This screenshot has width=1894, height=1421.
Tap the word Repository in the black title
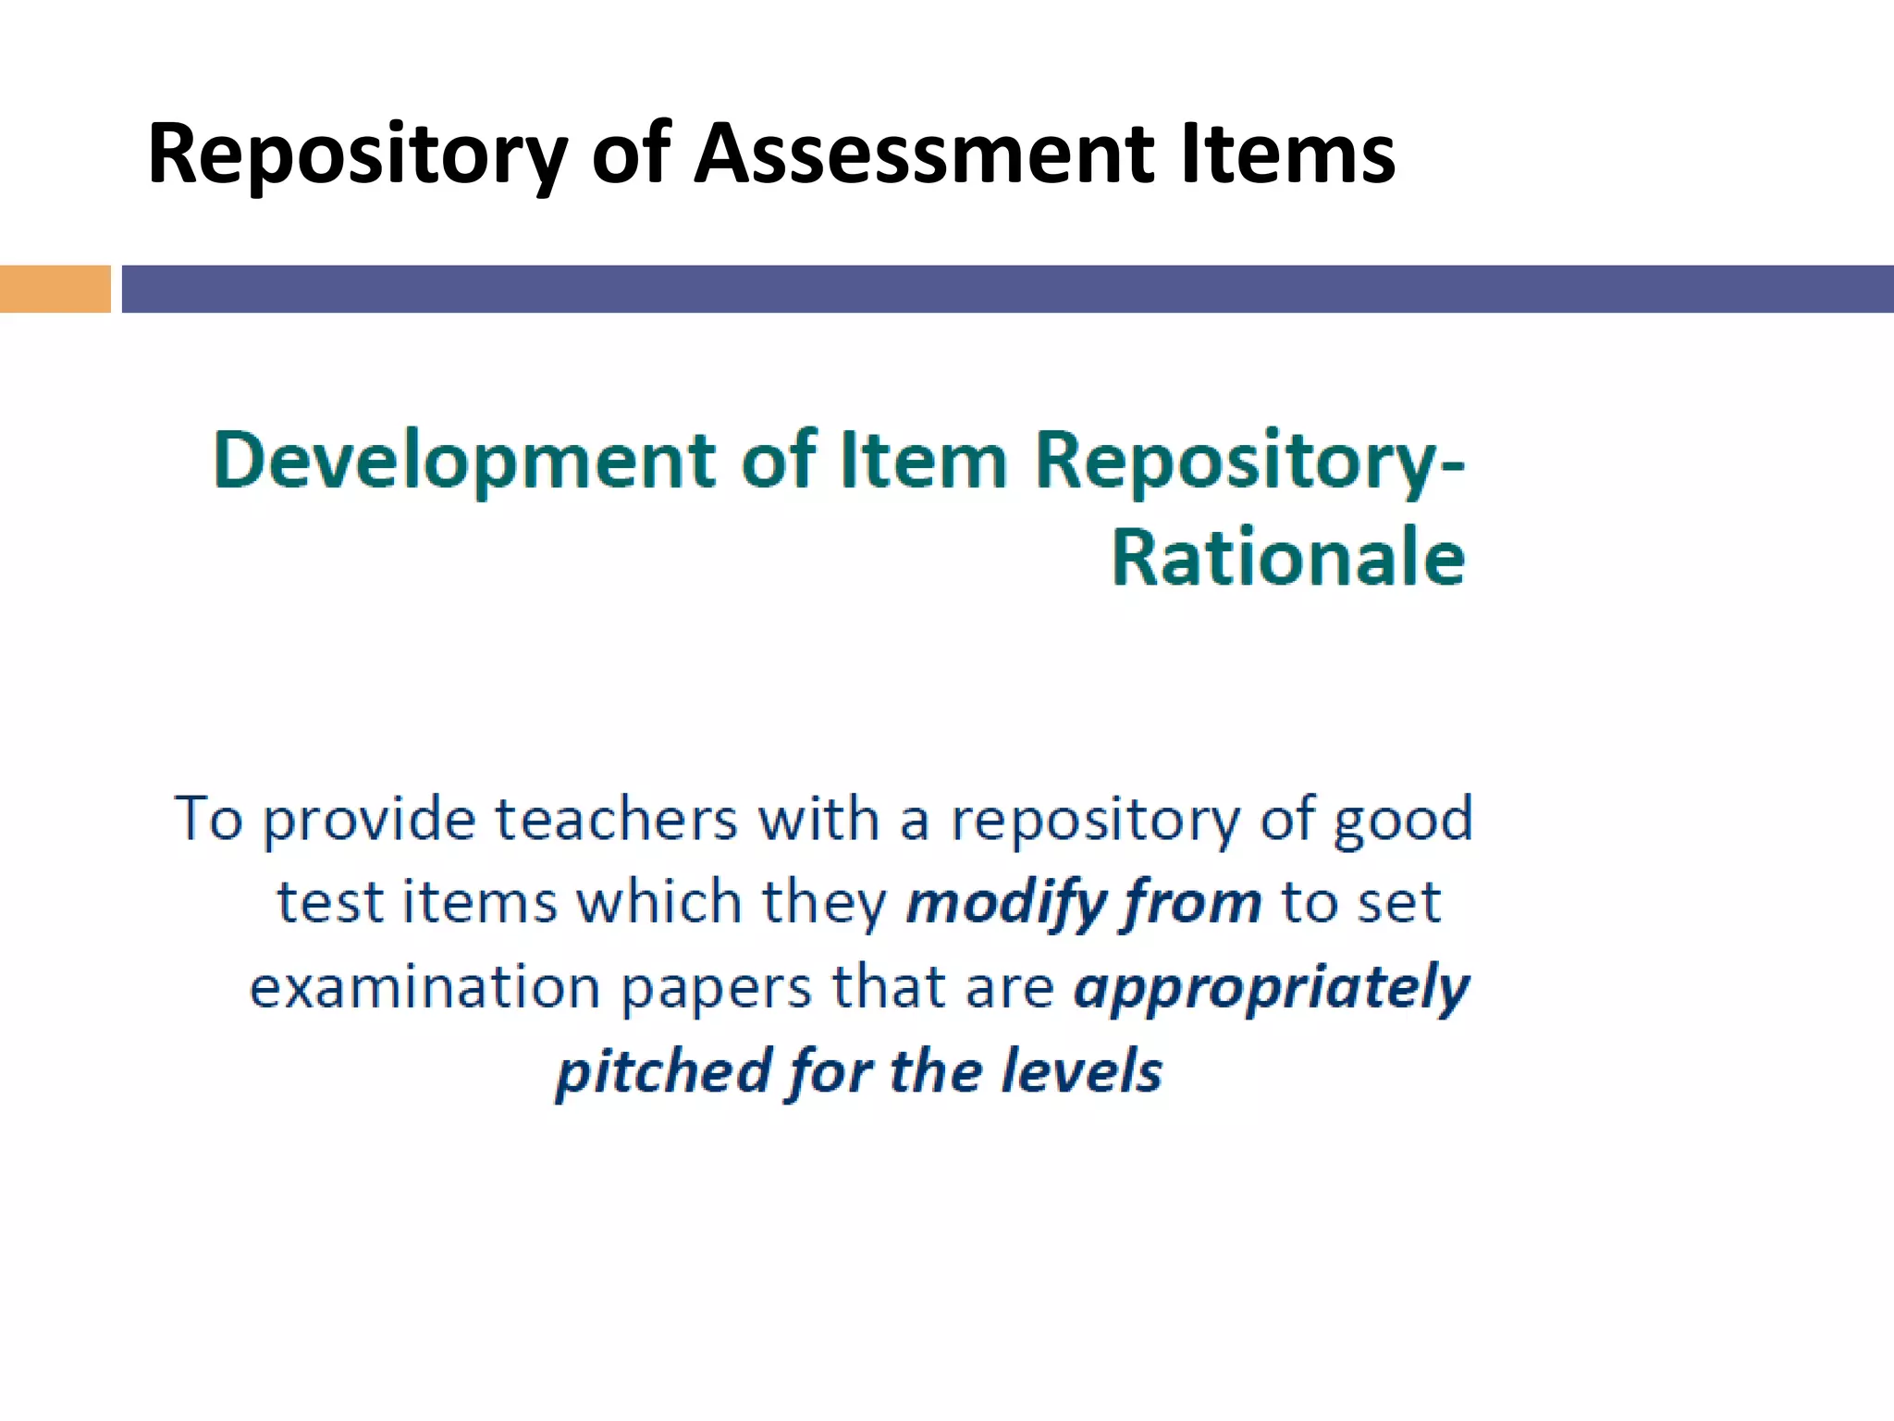click(x=357, y=155)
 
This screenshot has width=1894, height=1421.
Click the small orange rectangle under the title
click(x=55, y=289)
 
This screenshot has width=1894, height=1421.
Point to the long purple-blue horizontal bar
click(x=1007, y=289)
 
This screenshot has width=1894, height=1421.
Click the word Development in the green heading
click(x=464, y=461)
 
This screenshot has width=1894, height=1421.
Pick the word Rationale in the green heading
click(x=1288, y=558)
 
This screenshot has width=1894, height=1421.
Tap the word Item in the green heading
click(x=922, y=460)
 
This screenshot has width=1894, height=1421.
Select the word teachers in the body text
click(x=616, y=820)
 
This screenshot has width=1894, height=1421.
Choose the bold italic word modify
click(x=1005, y=904)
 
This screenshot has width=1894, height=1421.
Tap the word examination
click(x=425, y=986)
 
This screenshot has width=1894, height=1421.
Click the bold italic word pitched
click(x=664, y=1071)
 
